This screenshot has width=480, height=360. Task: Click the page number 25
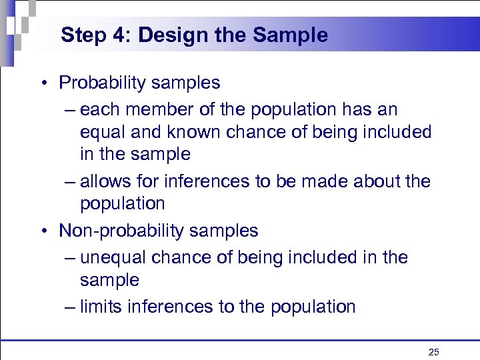pos(434,351)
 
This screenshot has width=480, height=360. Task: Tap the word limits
pos(102,307)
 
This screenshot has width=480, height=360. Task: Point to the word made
pos(323,181)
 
